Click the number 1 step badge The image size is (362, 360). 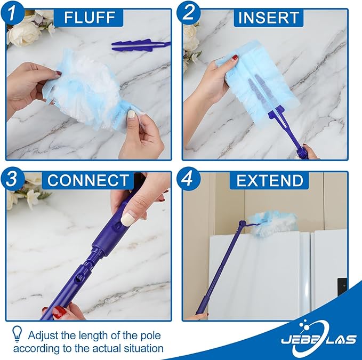point(12,12)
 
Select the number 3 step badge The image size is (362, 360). point(12,179)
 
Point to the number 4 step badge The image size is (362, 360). point(188,179)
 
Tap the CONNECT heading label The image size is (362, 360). point(87,180)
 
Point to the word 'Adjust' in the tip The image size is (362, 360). point(44,335)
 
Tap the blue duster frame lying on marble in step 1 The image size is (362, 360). point(140,46)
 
